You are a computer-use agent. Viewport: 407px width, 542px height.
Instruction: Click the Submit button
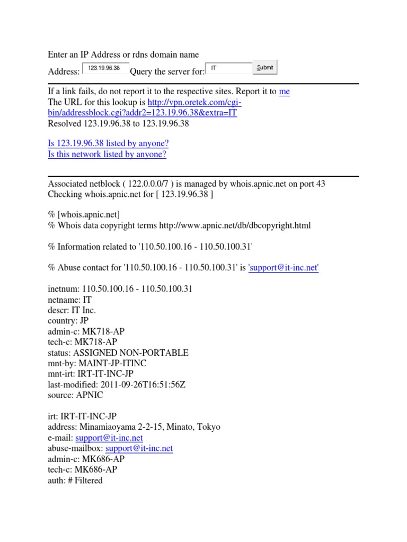click(265, 68)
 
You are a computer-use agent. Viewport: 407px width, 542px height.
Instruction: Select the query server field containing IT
click(228, 68)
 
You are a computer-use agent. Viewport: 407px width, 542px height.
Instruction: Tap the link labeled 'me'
click(284, 92)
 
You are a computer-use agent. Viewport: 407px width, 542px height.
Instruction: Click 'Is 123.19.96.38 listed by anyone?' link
click(108, 143)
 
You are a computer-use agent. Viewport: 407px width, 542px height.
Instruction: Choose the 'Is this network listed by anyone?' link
click(107, 154)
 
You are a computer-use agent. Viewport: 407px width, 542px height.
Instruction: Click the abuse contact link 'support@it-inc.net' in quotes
click(284, 268)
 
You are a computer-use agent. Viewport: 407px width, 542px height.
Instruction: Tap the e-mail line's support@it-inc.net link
click(109, 438)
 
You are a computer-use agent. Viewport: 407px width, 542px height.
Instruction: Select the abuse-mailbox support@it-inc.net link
click(139, 448)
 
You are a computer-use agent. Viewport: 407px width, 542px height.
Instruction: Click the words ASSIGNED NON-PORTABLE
click(131, 353)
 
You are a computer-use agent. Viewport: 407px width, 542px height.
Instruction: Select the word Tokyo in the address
click(208, 427)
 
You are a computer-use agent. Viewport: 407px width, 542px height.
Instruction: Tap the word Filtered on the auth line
click(90, 480)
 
